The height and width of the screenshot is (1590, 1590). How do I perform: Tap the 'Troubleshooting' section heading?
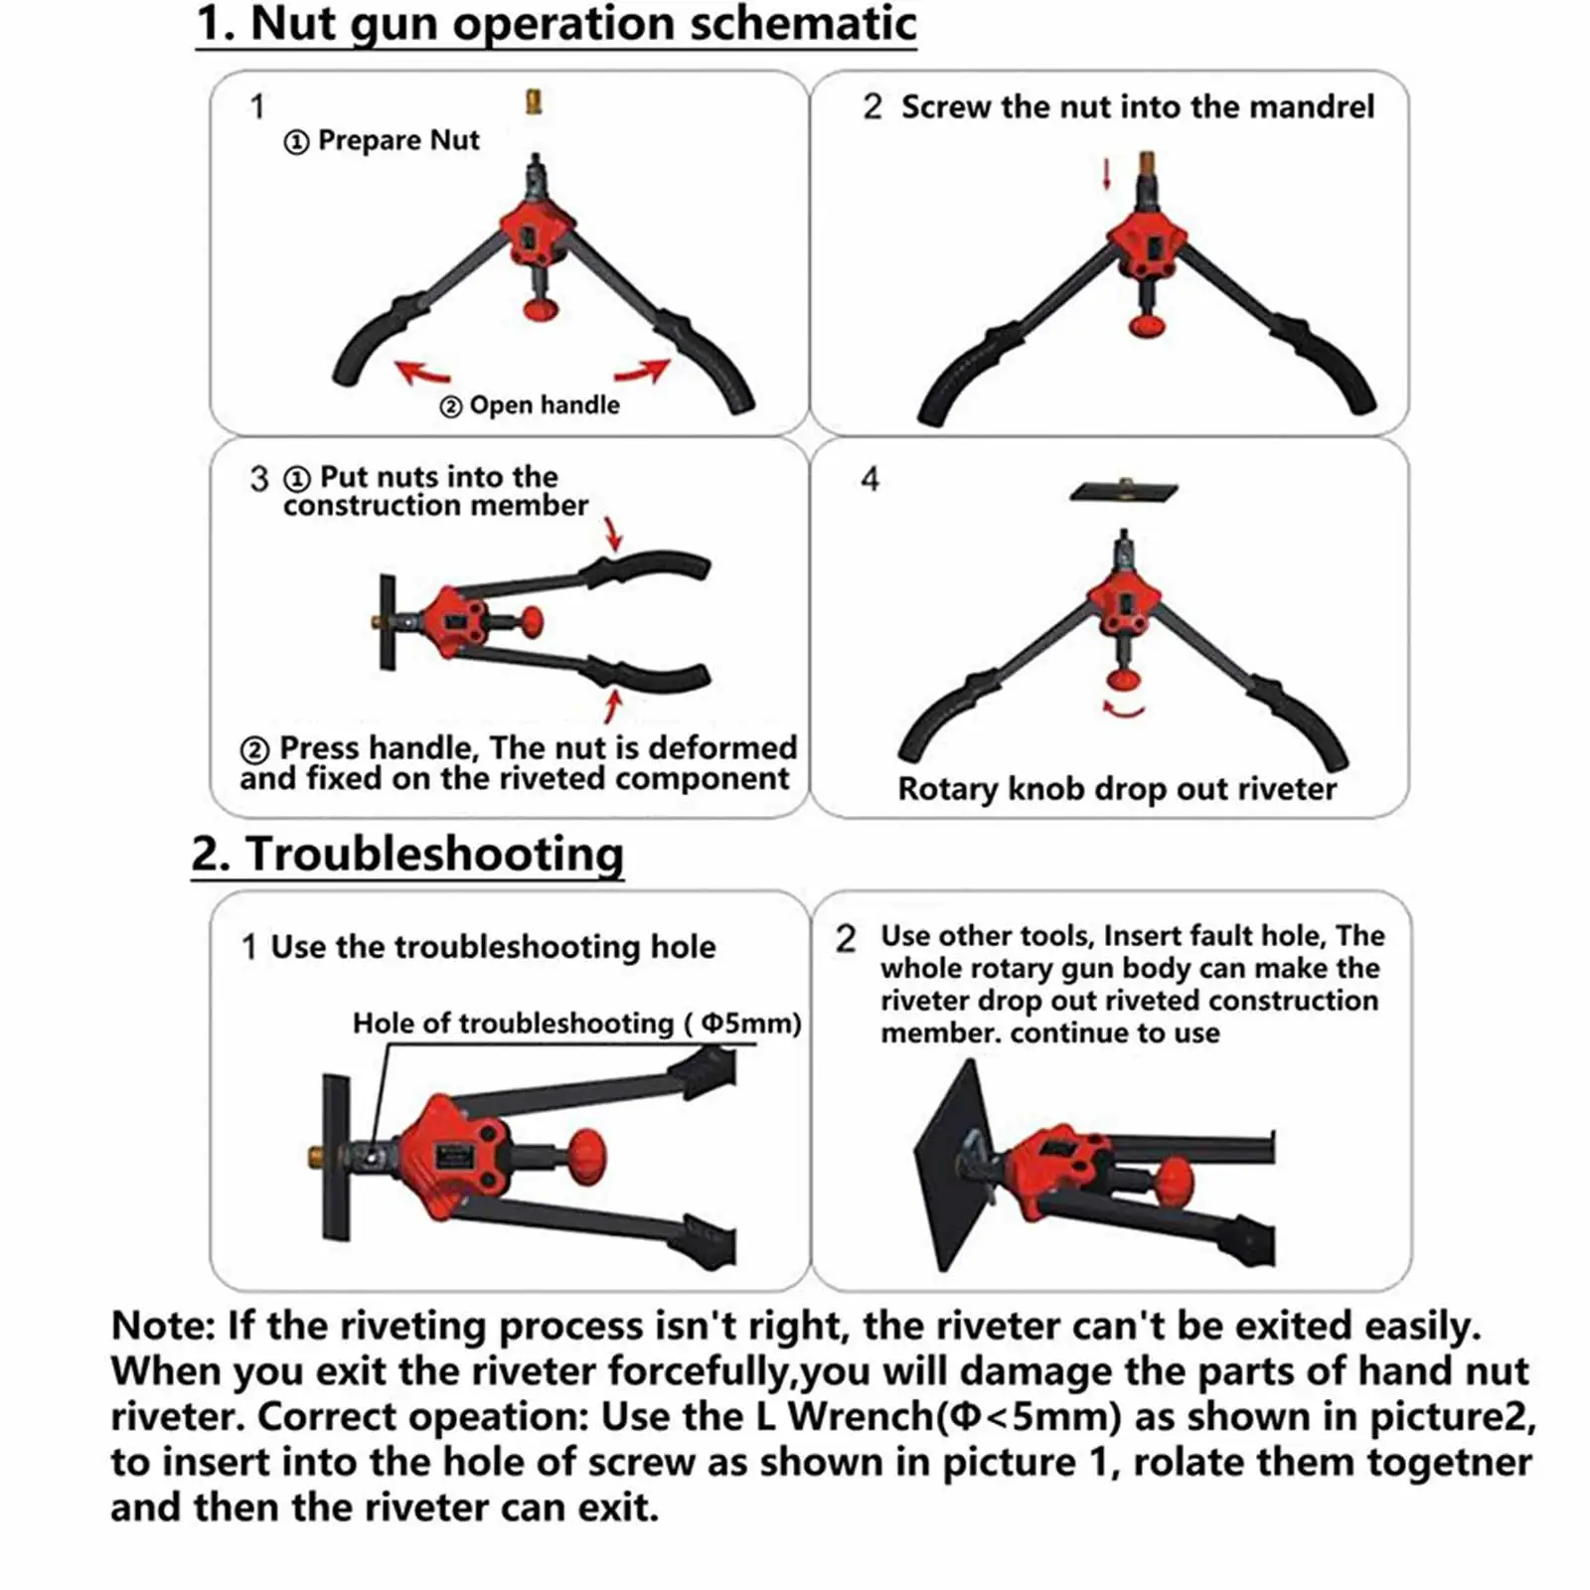click(434, 854)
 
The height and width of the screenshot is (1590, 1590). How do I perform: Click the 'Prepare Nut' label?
click(397, 141)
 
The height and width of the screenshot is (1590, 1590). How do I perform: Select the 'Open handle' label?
click(544, 405)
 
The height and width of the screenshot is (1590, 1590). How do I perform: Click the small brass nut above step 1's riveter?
click(534, 101)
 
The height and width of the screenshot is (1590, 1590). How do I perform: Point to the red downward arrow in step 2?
click(1106, 173)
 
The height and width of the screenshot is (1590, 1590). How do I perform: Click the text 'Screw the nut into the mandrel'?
click(1137, 106)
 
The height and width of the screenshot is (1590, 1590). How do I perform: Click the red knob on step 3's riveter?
click(533, 622)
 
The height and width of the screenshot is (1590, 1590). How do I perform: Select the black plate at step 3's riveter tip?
click(388, 622)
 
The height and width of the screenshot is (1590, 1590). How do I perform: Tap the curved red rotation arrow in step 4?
click(1124, 709)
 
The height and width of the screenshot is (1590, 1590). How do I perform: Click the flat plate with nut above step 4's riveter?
click(1124, 490)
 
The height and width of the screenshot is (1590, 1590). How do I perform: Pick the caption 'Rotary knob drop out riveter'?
click(1116, 789)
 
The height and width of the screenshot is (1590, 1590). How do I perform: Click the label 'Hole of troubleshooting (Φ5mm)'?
click(576, 1024)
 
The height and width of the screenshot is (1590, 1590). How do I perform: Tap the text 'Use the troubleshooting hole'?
click(493, 947)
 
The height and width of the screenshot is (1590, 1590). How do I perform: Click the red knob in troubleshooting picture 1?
click(586, 1155)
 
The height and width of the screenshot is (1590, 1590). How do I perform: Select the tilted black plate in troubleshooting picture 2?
click(954, 1163)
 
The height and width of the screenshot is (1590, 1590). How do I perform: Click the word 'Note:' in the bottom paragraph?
click(163, 1326)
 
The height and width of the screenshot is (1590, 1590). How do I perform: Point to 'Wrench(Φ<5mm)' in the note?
click(954, 1416)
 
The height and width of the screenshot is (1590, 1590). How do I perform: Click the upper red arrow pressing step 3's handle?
click(613, 533)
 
